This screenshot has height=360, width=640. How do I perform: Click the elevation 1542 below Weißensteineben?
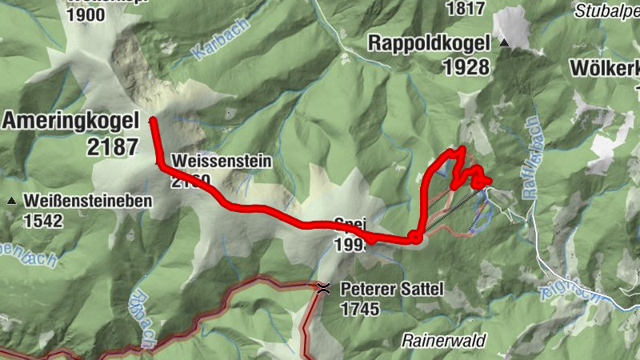(43, 220)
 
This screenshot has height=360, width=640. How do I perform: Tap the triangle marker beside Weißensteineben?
(12, 201)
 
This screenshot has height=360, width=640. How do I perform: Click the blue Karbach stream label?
(210, 52)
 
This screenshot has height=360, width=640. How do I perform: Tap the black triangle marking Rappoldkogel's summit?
(504, 42)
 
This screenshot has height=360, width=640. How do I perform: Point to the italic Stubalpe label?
(606, 11)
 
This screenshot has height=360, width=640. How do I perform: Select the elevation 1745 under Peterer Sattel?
(360, 309)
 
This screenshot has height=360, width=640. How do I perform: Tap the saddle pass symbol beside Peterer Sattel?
(323, 288)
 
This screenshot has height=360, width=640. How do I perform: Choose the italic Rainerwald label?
(444, 341)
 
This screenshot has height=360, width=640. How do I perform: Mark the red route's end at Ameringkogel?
(152, 121)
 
